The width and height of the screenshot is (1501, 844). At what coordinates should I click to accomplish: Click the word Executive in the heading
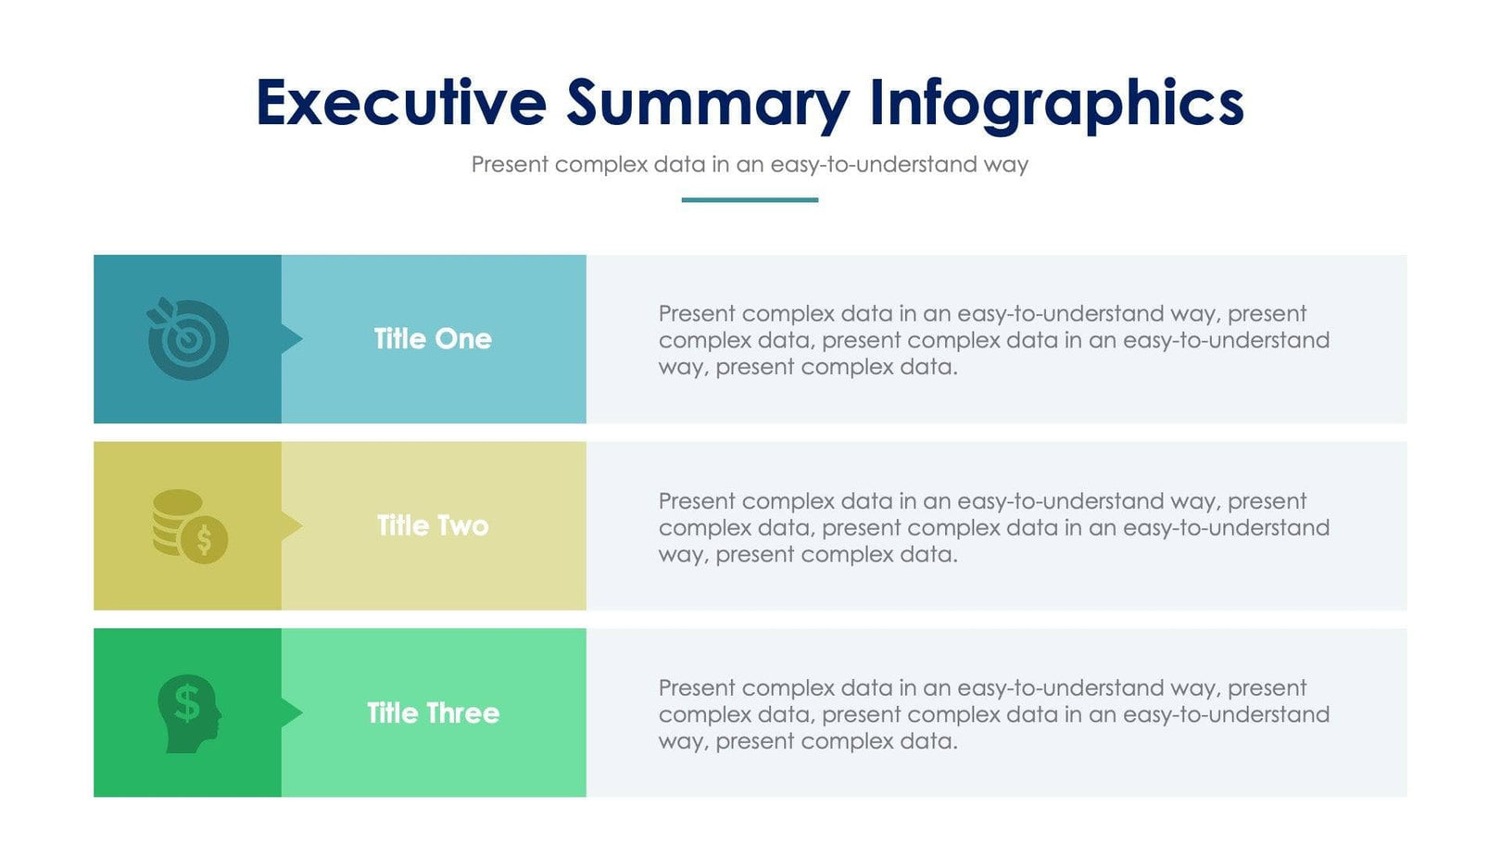click(400, 102)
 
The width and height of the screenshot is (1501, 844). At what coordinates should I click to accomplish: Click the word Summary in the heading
click(708, 104)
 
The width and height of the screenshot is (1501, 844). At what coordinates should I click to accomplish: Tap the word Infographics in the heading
click(1056, 104)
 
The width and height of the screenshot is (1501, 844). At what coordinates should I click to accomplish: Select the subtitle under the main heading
click(750, 165)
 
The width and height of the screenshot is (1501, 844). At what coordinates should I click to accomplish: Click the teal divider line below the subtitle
click(750, 199)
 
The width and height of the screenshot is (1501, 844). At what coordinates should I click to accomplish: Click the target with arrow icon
click(188, 339)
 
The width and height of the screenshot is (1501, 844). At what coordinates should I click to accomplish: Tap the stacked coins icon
click(189, 526)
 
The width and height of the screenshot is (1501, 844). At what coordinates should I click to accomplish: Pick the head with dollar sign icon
click(189, 712)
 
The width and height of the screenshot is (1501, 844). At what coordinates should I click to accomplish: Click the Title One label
click(433, 339)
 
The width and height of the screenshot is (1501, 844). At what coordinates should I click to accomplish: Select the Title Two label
click(433, 526)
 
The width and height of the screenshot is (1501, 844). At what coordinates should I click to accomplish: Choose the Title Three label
click(433, 712)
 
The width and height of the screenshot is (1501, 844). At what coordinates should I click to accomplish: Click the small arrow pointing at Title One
click(291, 339)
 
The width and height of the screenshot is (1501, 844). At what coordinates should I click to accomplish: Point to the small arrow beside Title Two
click(291, 526)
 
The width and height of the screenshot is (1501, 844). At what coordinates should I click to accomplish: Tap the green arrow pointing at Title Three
click(291, 712)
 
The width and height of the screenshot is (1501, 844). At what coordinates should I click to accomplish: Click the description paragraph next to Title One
click(993, 340)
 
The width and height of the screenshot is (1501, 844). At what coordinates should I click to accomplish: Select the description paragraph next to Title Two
click(993, 527)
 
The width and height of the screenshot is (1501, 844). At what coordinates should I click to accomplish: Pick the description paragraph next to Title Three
click(993, 714)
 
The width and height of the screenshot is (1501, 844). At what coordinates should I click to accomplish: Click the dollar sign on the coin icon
click(205, 539)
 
